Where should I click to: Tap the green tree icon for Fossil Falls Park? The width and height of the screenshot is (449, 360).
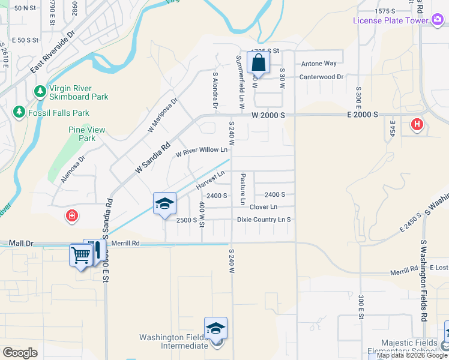19,112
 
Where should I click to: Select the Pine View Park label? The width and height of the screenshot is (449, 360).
87,134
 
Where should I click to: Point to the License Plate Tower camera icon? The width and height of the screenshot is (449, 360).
438,20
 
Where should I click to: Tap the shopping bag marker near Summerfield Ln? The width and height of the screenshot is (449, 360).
258,62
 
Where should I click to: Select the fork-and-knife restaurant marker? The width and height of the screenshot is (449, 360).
95,250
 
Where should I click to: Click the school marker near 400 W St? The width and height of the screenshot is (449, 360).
164,204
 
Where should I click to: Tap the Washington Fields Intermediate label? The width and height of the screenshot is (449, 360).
174,341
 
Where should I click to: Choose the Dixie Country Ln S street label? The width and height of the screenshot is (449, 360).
264,220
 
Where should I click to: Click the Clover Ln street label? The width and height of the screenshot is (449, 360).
263,207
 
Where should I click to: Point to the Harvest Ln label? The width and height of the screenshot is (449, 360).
210,178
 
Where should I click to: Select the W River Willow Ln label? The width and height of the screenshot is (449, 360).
202,152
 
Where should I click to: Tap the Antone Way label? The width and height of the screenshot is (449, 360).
319,63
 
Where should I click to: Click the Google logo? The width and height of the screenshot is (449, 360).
20,353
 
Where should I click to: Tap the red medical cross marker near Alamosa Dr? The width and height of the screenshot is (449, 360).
71,215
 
